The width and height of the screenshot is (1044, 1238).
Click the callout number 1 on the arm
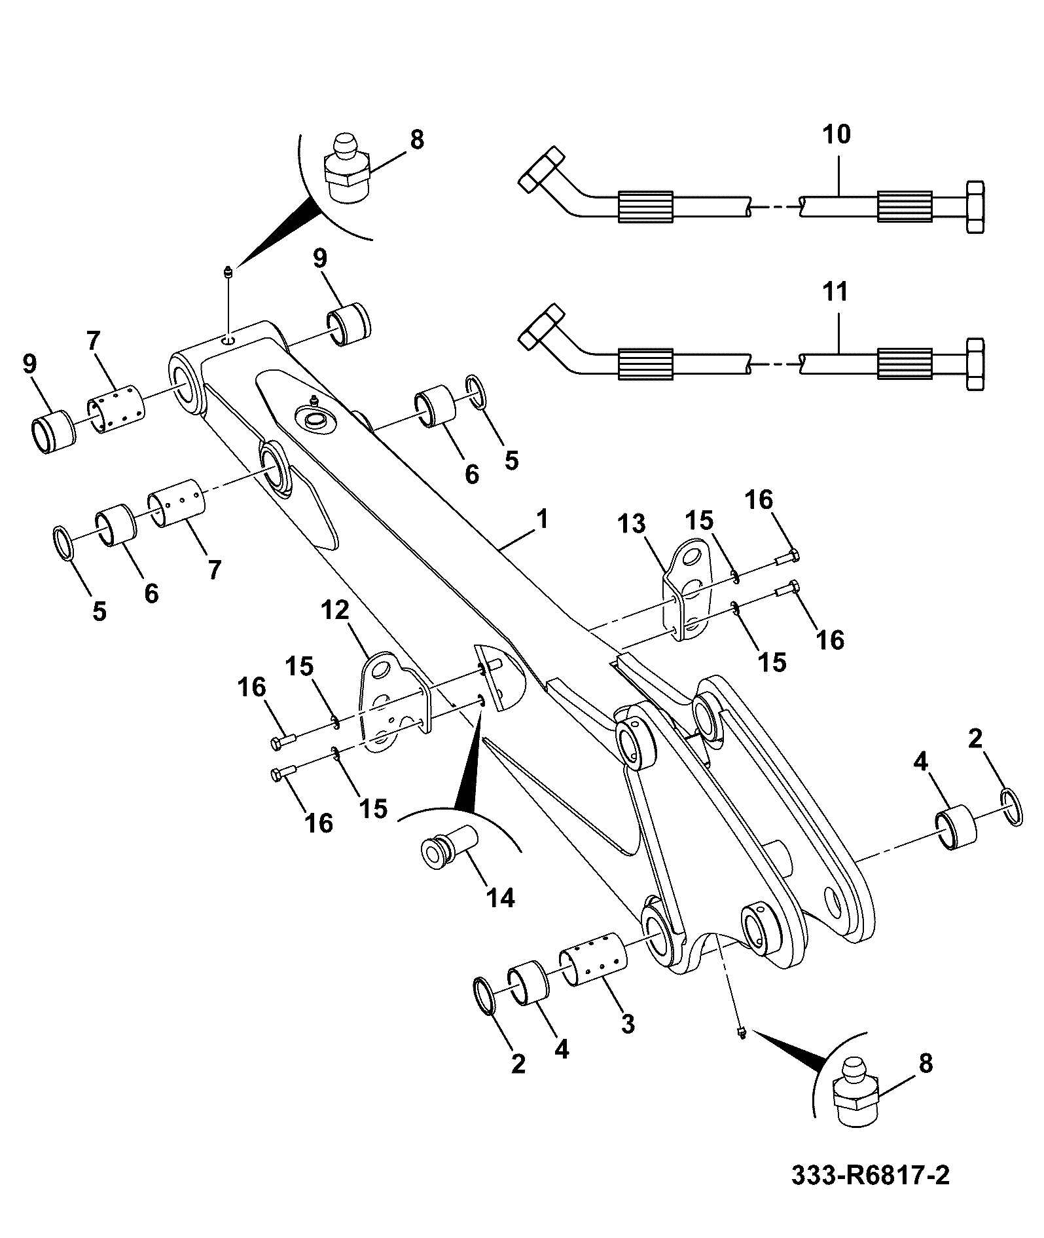(x=542, y=520)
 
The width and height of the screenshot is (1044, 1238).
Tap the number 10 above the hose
(x=836, y=134)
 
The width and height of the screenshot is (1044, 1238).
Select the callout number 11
(x=835, y=291)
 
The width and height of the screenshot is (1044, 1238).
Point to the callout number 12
(x=335, y=611)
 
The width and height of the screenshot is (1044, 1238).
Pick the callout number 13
(x=632, y=524)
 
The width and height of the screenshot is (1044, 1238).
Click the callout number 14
(x=500, y=898)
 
